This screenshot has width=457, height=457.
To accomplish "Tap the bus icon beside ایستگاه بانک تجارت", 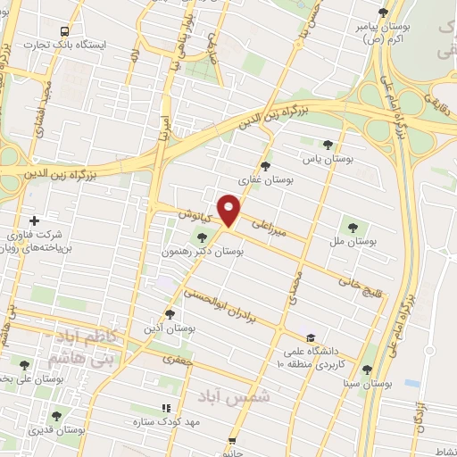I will coord(62,30).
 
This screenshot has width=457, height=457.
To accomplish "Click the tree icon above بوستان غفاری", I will coord(264,165).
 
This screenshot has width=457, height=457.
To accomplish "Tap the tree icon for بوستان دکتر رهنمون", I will coord(201,237).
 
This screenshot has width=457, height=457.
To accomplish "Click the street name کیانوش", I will coord(193,216).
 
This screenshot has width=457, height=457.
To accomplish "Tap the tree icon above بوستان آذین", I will coord(170,314).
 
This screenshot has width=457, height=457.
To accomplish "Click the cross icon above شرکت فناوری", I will coord(34,220).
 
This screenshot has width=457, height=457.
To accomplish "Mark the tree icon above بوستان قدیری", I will coord(56,416).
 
